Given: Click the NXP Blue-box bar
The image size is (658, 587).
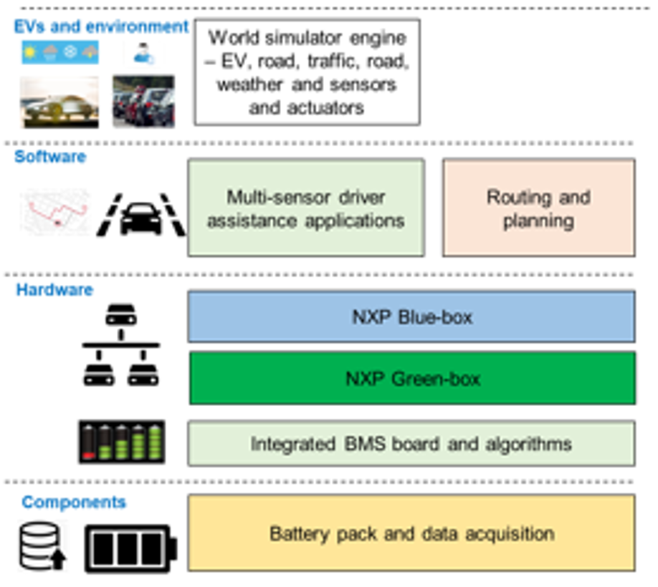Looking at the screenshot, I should pos(411,316).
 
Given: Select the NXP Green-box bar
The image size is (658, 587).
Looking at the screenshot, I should pos(412,378).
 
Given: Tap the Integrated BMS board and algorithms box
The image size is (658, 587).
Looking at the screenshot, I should pos(411,445).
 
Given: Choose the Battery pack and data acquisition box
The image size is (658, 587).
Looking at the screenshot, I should pos(411,533).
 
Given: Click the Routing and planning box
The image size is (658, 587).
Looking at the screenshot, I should pos(538,208).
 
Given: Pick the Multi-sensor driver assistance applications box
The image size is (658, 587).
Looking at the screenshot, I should pos(305,208).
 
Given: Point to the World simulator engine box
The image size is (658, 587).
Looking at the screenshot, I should pos(307,72).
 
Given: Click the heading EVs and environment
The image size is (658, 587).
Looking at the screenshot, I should pos(101,27).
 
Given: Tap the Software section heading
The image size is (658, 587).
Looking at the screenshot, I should pos(50,156).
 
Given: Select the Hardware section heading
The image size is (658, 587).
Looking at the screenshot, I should pos(54,290).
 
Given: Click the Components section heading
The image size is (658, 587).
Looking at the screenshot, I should pos(74,502).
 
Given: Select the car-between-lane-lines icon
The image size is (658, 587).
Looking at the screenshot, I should pos(140,214).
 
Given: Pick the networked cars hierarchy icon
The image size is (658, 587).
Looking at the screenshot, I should pos(121,346).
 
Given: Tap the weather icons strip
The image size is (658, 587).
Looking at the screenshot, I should pos(60,53).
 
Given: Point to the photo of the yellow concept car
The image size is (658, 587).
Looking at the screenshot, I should pos(60,102).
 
